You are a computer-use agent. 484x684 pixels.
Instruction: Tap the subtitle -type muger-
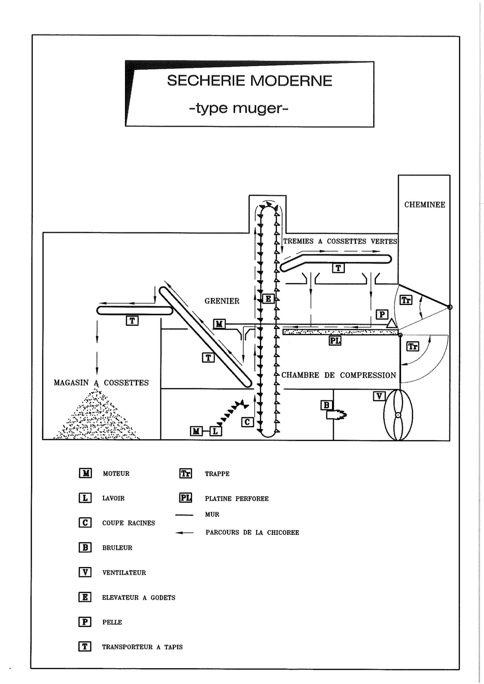click(239, 108)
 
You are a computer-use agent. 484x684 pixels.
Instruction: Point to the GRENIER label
click(222, 301)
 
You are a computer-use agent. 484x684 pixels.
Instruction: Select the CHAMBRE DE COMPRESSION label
click(338, 375)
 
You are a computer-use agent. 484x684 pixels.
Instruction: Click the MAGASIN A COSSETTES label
click(101, 383)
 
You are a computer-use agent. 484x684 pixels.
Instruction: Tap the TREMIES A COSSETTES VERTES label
click(340, 241)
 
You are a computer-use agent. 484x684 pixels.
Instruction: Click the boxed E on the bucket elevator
click(268, 298)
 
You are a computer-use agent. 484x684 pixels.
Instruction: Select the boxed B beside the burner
click(326, 405)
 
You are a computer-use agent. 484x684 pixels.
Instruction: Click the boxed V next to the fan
click(379, 396)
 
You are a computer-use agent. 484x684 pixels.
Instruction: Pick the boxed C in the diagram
click(247, 422)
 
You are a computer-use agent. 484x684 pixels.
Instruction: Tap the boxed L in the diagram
click(215, 431)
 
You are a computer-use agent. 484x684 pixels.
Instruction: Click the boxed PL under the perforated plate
click(335, 341)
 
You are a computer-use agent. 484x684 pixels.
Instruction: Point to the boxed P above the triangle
click(382, 314)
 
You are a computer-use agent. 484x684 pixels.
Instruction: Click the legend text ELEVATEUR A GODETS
click(139, 597)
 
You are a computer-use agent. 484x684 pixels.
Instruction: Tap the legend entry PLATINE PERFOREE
click(236, 498)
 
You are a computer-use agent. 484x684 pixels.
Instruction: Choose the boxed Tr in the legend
click(186, 473)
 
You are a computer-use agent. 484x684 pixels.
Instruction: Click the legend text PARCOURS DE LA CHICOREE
click(252, 532)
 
